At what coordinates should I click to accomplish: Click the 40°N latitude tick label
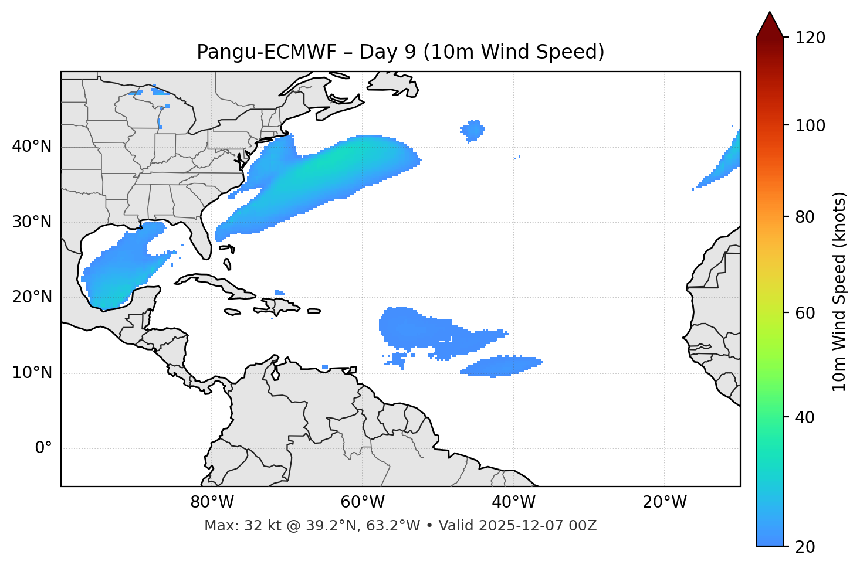(x=32, y=147)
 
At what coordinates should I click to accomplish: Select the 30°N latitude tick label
(x=32, y=222)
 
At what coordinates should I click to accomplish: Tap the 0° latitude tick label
(x=43, y=448)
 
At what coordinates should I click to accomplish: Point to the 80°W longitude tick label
(x=212, y=502)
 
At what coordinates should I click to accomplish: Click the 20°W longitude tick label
(x=665, y=502)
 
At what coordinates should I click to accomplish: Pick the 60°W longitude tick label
(x=363, y=502)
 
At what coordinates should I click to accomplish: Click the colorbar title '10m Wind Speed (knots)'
(x=839, y=292)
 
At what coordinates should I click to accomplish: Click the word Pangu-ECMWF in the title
(x=266, y=52)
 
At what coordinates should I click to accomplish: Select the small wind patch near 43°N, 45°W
(x=472, y=130)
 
